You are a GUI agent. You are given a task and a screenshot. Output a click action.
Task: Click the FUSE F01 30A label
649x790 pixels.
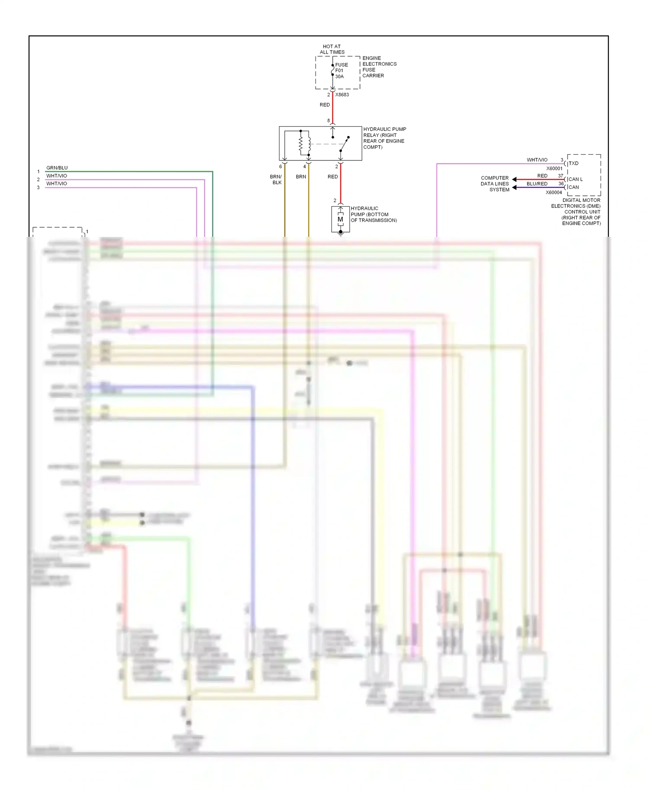coord(341,70)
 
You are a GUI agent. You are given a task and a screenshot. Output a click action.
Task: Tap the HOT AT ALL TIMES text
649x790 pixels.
coord(332,49)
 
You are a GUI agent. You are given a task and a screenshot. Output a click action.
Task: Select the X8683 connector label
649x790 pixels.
coord(342,95)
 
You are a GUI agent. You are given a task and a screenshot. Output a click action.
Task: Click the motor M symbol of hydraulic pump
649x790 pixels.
coord(341,220)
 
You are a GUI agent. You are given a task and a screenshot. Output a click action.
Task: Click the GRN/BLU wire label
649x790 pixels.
coord(57,168)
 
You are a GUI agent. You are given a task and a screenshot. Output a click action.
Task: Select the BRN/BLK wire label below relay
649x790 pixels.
coord(276,179)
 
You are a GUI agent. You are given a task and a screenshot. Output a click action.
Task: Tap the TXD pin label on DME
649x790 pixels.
coord(573,163)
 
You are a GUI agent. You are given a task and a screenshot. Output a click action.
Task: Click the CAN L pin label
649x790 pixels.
coord(575,179)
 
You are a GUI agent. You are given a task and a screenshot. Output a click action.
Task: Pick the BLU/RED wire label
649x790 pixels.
coord(537,184)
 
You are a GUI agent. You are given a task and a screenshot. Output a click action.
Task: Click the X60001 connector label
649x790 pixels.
coord(554,169)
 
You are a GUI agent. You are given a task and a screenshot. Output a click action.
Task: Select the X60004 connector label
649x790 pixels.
coord(554,193)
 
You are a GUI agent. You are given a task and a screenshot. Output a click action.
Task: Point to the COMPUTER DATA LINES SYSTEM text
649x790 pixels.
coord(495,184)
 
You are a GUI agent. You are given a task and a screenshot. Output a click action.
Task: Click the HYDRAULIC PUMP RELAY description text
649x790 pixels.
coord(384,138)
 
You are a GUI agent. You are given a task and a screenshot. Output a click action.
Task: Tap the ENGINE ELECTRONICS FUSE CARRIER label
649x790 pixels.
coord(379,67)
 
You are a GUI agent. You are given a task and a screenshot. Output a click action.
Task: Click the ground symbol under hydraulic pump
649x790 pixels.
coord(341,233)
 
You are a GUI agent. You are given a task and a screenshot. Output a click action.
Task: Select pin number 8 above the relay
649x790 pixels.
coord(328,121)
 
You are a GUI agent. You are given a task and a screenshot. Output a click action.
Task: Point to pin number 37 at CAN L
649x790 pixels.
coord(560,176)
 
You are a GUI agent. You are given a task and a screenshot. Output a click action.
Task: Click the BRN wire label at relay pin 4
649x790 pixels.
coord(301,177)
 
